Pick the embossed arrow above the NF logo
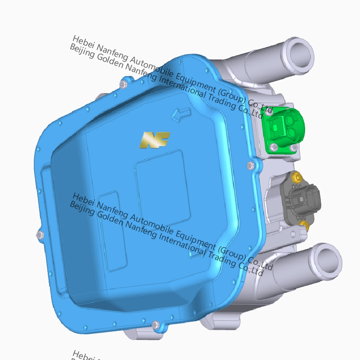(181, 114)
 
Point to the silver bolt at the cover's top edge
(124, 84)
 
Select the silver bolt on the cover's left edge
(40, 235)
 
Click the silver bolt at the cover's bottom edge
(155, 324)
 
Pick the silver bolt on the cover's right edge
(251, 166)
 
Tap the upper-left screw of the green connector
(269, 113)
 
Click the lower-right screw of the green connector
(293, 148)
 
